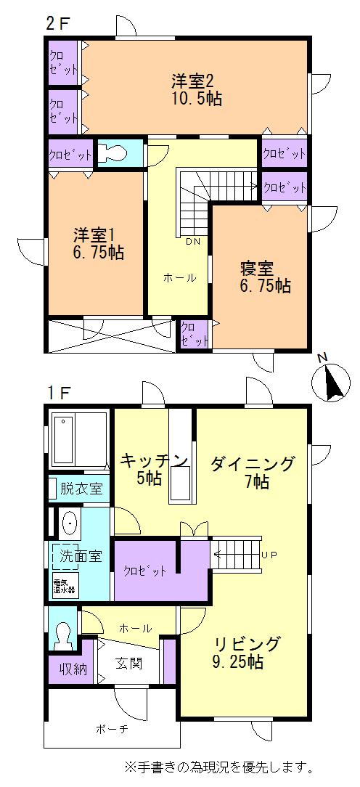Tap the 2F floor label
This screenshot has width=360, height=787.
tap(57, 23)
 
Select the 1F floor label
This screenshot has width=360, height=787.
tap(58, 393)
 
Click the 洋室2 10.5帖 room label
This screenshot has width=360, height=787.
tap(197, 89)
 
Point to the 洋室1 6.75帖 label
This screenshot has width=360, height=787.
tap(97, 244)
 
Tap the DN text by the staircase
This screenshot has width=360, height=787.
tap(193, 241)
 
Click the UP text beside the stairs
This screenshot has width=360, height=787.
tap(269, 555)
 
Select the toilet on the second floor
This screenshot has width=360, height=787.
tap(114, 153)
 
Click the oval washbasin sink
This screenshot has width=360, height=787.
tap(70, 522)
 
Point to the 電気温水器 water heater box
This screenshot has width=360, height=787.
tap(64, 584)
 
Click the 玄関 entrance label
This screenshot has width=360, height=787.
tap(130, 663)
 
